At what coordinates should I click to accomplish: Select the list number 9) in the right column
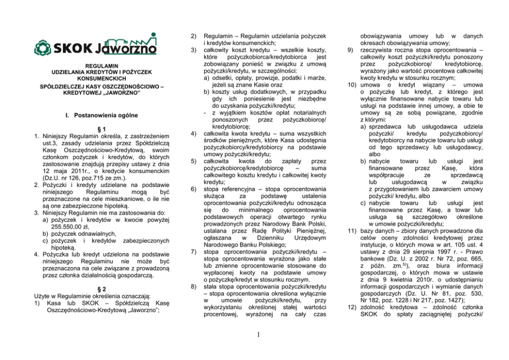click(x=350, y=50)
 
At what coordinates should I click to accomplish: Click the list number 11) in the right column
click(x=350, y=231)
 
